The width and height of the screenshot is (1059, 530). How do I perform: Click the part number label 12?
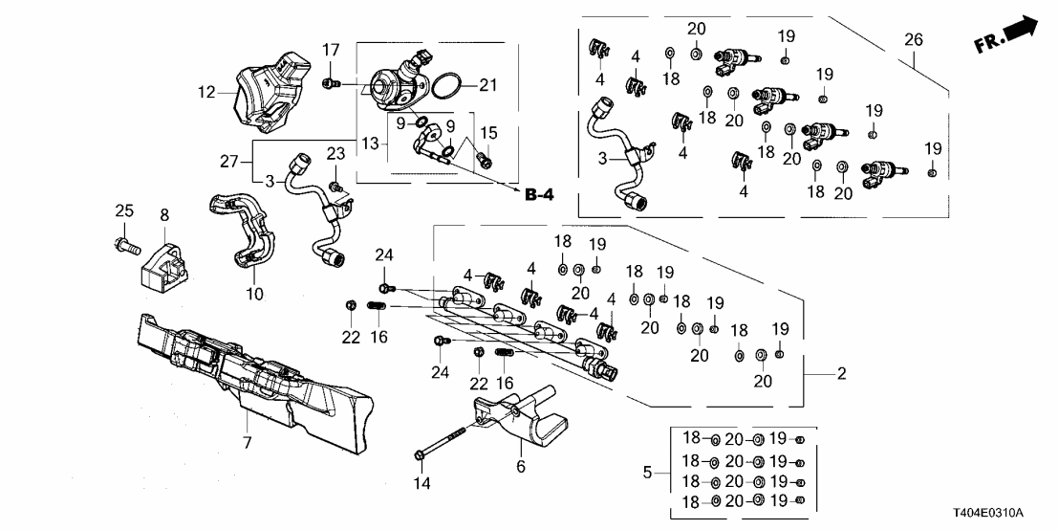[206, 94]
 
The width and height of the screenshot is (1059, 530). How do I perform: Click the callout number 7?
[248, 442]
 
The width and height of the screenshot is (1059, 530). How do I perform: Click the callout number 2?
[841, 374]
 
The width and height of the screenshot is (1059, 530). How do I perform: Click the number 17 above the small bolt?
[331, 50]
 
